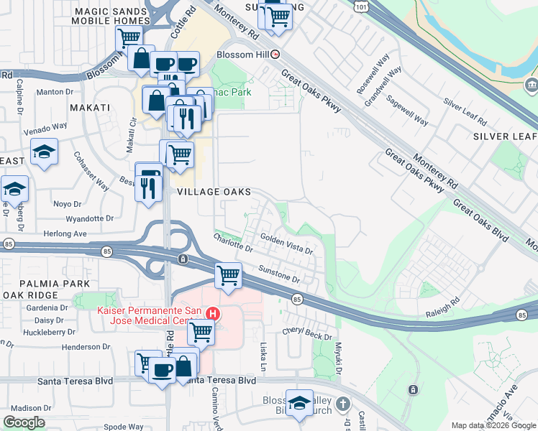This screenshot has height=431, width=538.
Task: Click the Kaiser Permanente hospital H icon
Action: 213,313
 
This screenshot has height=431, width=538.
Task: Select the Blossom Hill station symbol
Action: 274,54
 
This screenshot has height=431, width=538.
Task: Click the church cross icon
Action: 342,404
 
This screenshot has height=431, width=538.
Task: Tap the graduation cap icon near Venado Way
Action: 45,152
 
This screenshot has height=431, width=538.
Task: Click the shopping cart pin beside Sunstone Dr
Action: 228,274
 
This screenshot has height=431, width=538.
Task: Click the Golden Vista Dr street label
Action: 286,244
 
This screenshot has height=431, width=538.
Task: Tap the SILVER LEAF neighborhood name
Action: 504,136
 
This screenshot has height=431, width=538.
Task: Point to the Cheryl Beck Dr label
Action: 307,334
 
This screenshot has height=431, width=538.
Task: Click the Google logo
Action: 24,422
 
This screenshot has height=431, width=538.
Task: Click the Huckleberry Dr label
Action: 50,332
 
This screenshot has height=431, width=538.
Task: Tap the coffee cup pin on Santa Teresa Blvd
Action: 163,369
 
